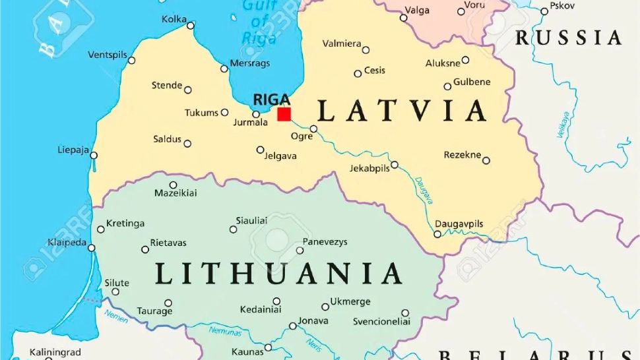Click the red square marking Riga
tap(284, 114)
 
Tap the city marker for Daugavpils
tap(437, 234)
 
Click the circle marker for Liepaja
tap(94, 156)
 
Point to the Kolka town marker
tap(191, 26)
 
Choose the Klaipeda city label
tap(67, 242)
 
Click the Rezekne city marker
tap(486, 160)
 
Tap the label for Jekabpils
tap(369, 168)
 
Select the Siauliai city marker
tap(233, 229)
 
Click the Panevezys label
tap(325, 242)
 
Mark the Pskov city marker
tap(544, 11)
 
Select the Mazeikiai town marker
tap(174, 185)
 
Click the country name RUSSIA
tap(568, 38)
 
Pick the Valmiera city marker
tap(366, 50)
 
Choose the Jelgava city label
tap(280, 156)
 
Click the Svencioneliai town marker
tap(405, 313)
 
